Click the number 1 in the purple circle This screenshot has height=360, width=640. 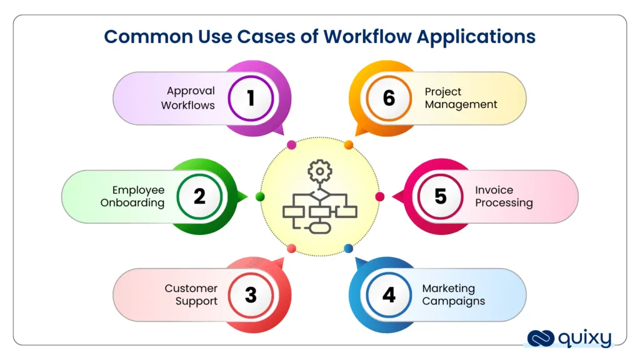pos(251,98)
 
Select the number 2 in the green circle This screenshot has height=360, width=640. pos(199,196)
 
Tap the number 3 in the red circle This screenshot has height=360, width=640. pos(251,294)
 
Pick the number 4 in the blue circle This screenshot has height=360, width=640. pos(389,294)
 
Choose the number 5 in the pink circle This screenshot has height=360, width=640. pos(441,196)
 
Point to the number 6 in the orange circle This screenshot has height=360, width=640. pos(389,98)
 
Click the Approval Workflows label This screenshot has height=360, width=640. pos(188,98)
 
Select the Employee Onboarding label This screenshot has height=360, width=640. pos(132,196)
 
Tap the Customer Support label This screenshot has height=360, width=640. pos(191,294)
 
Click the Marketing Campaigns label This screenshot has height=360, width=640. pos(453,294)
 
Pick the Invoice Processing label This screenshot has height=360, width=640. pos(504,196)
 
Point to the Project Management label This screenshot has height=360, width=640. pos(461,98)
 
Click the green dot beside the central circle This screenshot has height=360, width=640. pos(261,197)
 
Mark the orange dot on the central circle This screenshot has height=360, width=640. pos(349,145)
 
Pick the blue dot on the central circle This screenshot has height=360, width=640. pos(349,249)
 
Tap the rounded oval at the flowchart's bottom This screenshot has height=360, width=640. pos(321,227)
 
